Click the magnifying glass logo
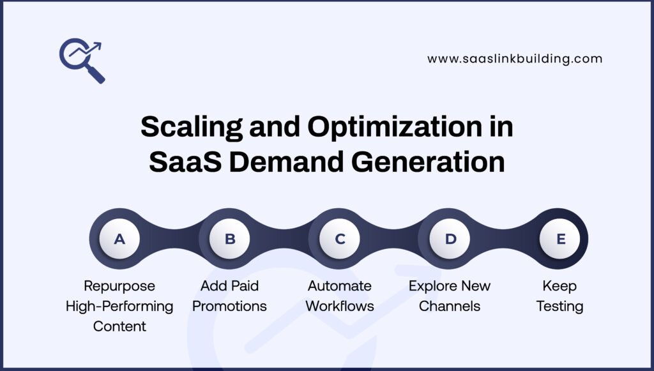[x=79, y=57]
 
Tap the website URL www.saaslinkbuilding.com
[x=515, y=59]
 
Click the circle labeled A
[x=119, y=239]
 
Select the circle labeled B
[x=230, y=239]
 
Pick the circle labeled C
[x=340, y=239]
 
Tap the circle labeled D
[x=450, y=239]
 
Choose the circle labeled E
[x=561, y=239]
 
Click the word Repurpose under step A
[x=119, y=286]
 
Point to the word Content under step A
[x=119, y=326]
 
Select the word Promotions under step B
[x=229, y=306]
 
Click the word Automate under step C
[x=340, y=285]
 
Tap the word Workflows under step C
[x=340, y=306]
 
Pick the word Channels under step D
[x=450, y=306]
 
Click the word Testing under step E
[x=559, y=307]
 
